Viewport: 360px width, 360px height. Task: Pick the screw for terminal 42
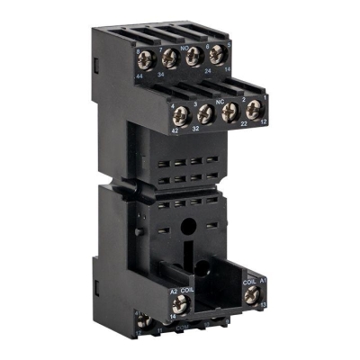[x=181, y=114]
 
